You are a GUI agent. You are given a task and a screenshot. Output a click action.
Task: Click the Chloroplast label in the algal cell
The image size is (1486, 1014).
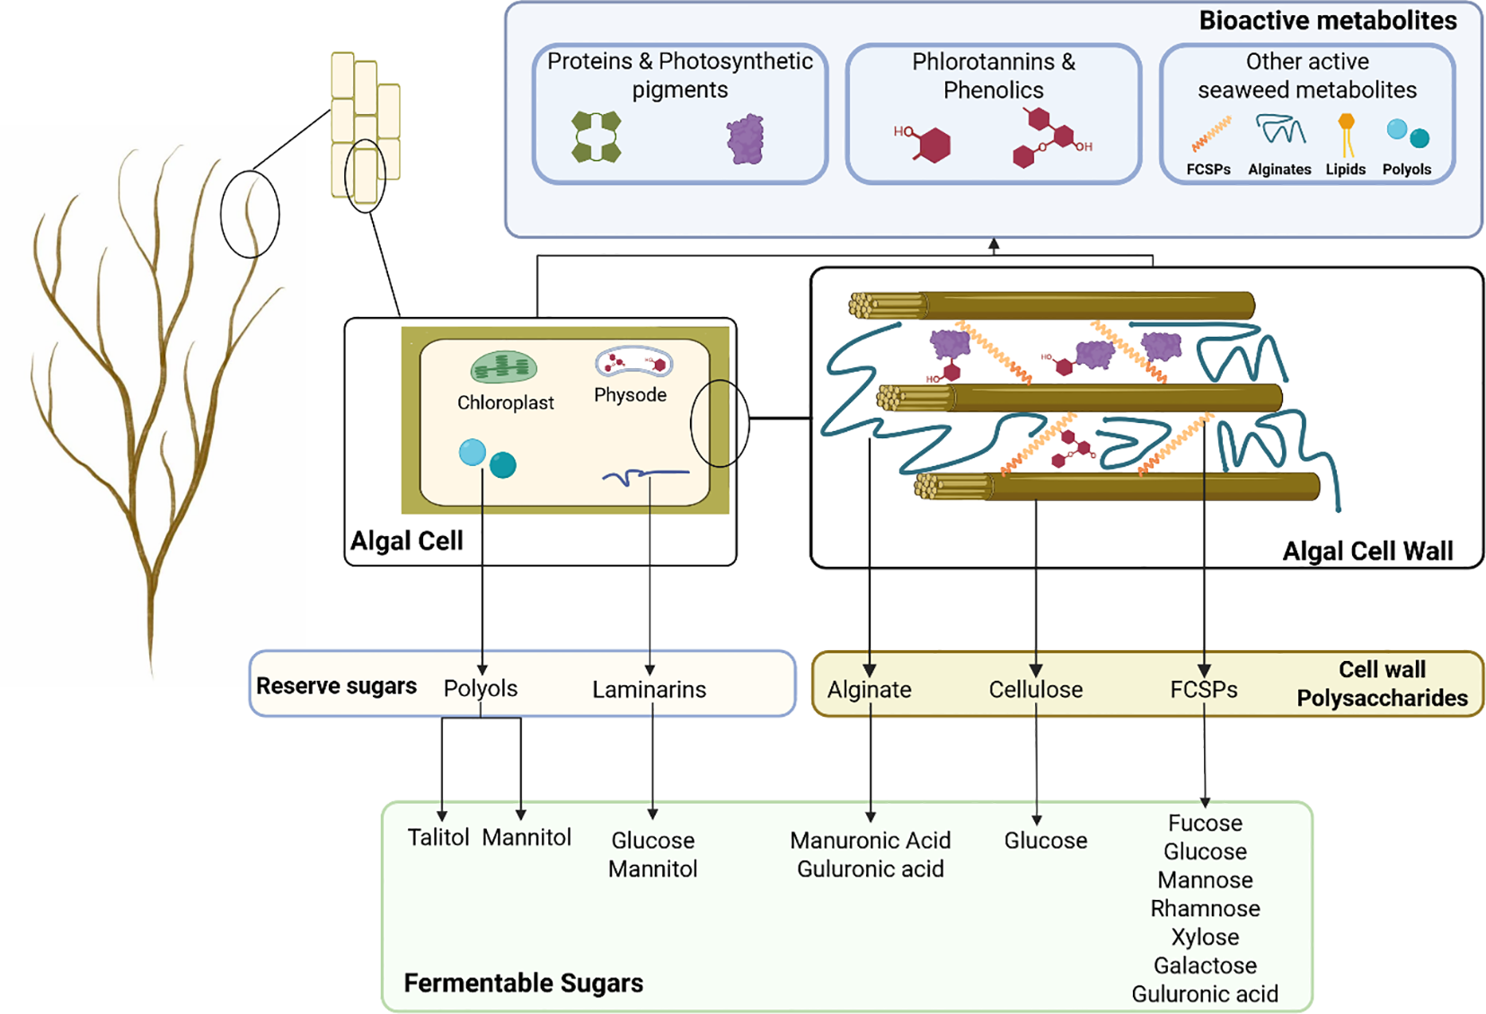(505, 402)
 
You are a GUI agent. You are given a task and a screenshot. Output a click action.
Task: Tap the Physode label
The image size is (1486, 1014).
(630, 395)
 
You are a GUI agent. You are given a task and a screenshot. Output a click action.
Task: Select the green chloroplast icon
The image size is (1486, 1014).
(504, 367)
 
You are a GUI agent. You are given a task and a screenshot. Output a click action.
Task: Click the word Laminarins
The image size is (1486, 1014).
(649, 690)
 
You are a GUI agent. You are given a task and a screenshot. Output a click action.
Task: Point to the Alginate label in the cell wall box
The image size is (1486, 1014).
(869, 690)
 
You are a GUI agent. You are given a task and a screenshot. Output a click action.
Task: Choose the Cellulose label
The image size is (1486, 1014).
(1035, 690)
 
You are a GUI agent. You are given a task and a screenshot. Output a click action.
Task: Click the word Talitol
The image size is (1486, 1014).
(438, 838)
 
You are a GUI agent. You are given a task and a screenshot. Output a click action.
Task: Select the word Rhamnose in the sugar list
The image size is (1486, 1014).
(1205, 909)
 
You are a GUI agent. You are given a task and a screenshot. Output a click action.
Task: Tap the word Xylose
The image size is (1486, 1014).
(1205, 938)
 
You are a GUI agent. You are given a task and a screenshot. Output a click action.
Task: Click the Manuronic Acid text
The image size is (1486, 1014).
(870, 841)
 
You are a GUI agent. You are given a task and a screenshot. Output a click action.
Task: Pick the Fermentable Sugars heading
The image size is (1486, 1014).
(523, 983)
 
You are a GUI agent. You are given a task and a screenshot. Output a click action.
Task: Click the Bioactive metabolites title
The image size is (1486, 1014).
(1327, 21)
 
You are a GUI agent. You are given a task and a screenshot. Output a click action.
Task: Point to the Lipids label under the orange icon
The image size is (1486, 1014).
(1345, 170)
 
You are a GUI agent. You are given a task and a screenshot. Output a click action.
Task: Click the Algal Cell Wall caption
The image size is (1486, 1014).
(1367, 551)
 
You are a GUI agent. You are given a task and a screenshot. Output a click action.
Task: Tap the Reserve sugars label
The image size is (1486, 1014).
(336, 686)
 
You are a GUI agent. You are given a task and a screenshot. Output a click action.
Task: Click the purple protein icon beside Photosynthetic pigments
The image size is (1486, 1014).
(745, 139)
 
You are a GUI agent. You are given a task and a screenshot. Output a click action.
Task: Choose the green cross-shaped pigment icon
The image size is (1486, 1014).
(597, 137)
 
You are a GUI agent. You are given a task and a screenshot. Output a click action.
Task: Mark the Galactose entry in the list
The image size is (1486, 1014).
(1205, 966)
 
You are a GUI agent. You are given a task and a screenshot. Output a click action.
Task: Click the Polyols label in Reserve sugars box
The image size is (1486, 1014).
(481, 689)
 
